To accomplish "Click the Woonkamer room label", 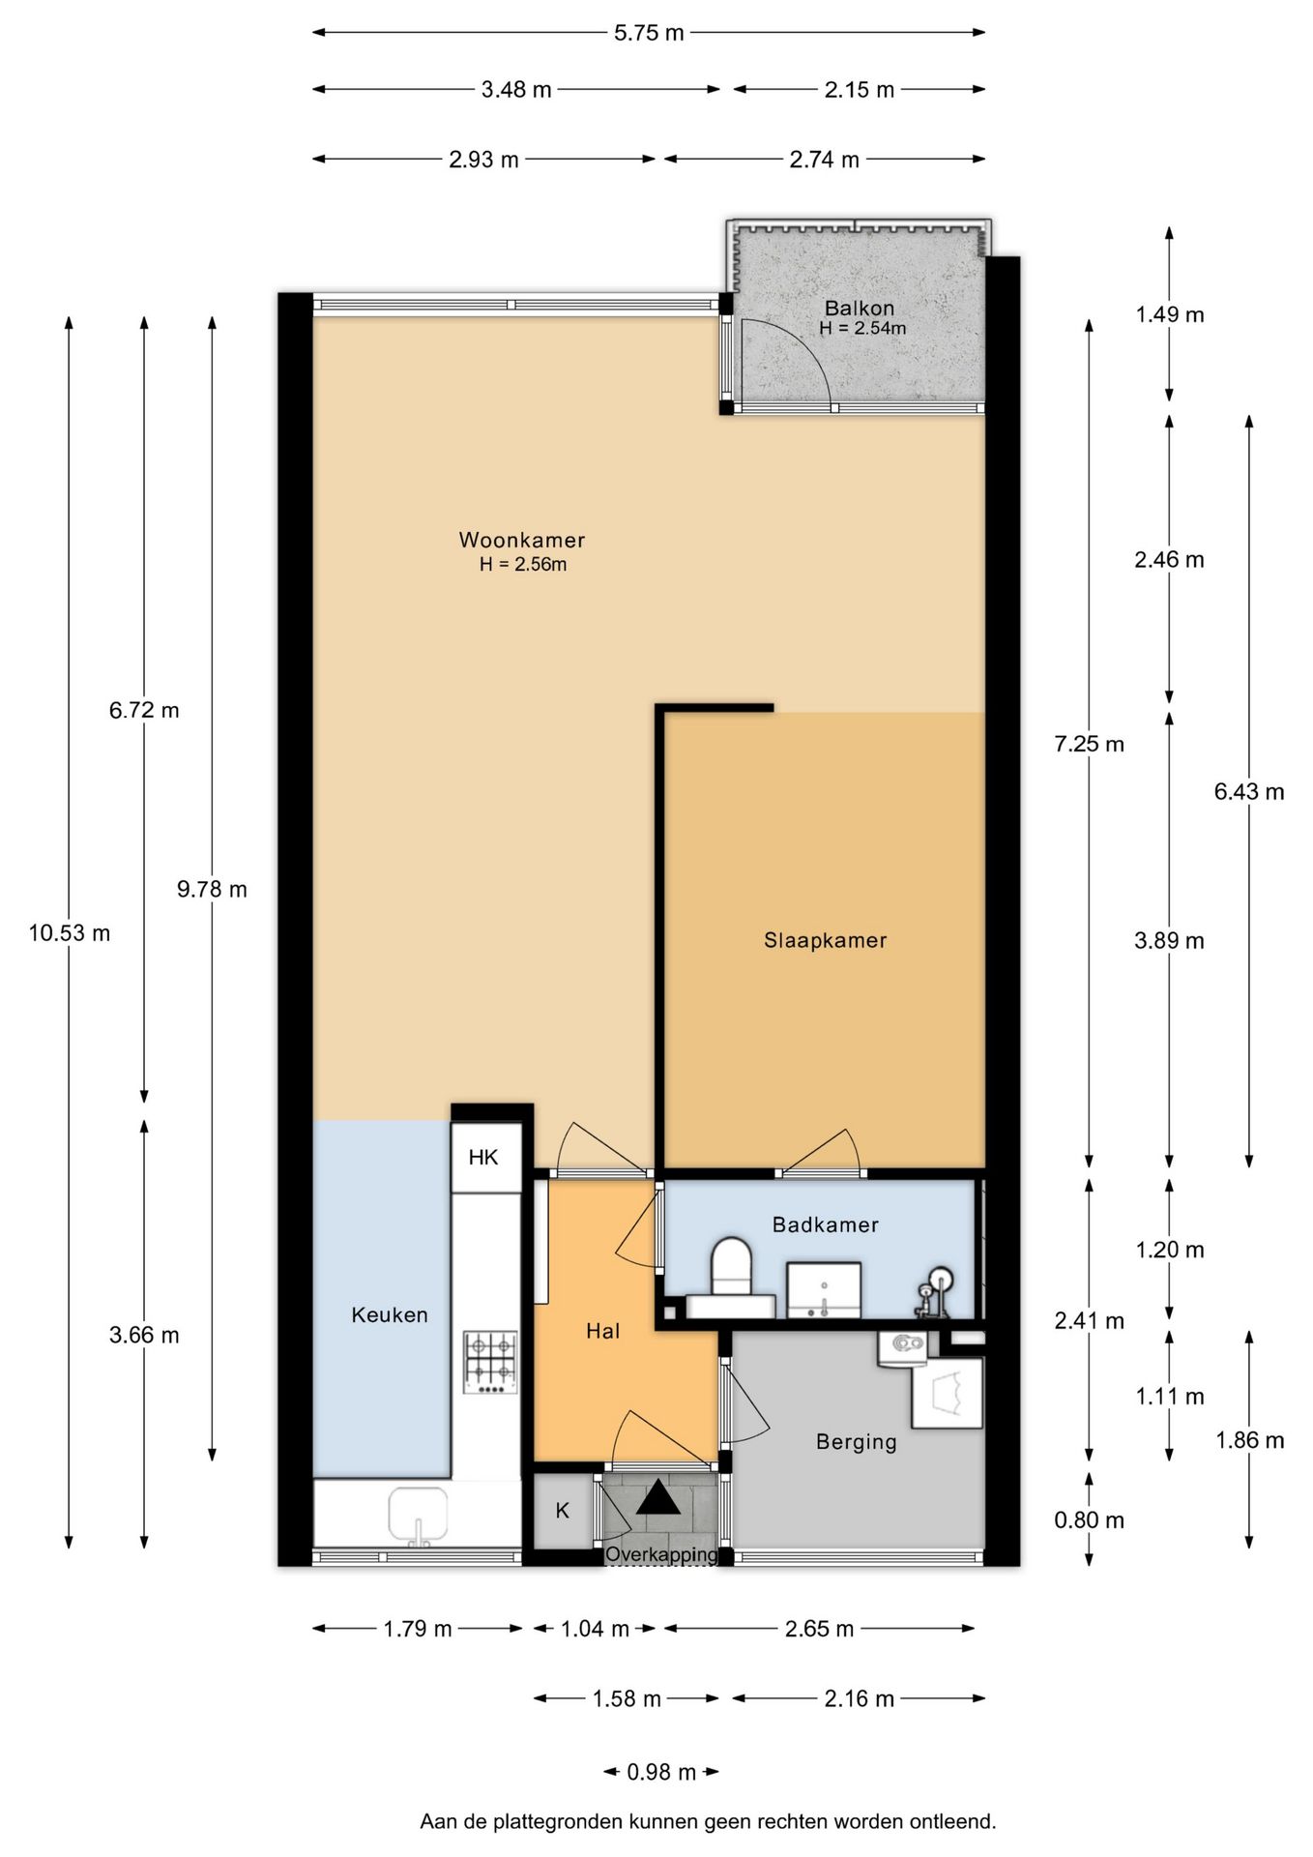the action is (x=521, y=540).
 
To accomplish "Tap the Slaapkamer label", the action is (x=825, y=940).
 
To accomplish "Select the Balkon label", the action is (x=859, y=308).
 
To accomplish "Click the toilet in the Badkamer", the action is (x=731, y=1279).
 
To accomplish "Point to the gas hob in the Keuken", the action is (x=490, y=1363).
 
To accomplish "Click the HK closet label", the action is (x=483, y=1157).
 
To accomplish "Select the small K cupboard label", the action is (x=563, y=1510).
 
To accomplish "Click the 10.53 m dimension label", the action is (x=70, y=933).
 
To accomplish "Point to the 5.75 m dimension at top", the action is (x=649, y=33).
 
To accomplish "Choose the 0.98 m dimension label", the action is (x=661, y=1772).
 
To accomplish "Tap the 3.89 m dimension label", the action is (x=1169, y=940).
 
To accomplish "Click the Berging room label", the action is (x=857, y=1442).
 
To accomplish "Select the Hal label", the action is (x=602, y=1331).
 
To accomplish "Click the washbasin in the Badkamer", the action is (x=823, y=1289).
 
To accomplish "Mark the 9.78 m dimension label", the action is (x=212, y=889).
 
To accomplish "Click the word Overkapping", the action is (x=661, y=1555).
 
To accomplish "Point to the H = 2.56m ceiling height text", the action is (x=523, y=564).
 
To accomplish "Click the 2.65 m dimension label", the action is (x=819, y=1629).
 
